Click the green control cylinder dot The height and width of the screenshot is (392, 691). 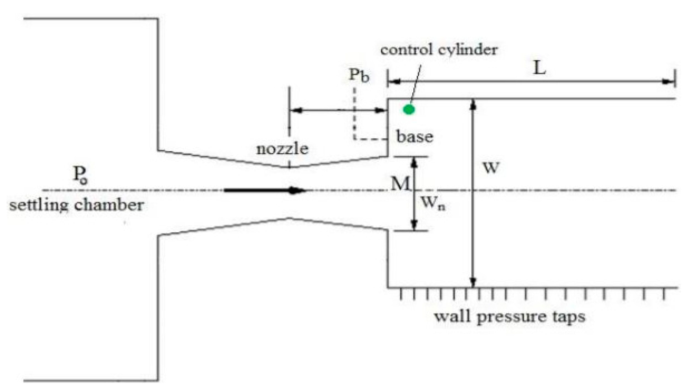[409, 109]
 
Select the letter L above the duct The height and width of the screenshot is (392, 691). [540, 69]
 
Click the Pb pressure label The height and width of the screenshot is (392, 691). [359, 76]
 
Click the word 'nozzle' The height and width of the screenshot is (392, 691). [282, 149]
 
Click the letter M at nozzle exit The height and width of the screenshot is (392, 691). [400, 184]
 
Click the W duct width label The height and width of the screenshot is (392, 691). [491, 168]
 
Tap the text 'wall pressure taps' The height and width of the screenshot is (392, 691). [510, 317]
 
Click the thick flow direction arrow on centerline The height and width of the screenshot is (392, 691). [265, 190]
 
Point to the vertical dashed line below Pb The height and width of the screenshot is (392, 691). [354, 113]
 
